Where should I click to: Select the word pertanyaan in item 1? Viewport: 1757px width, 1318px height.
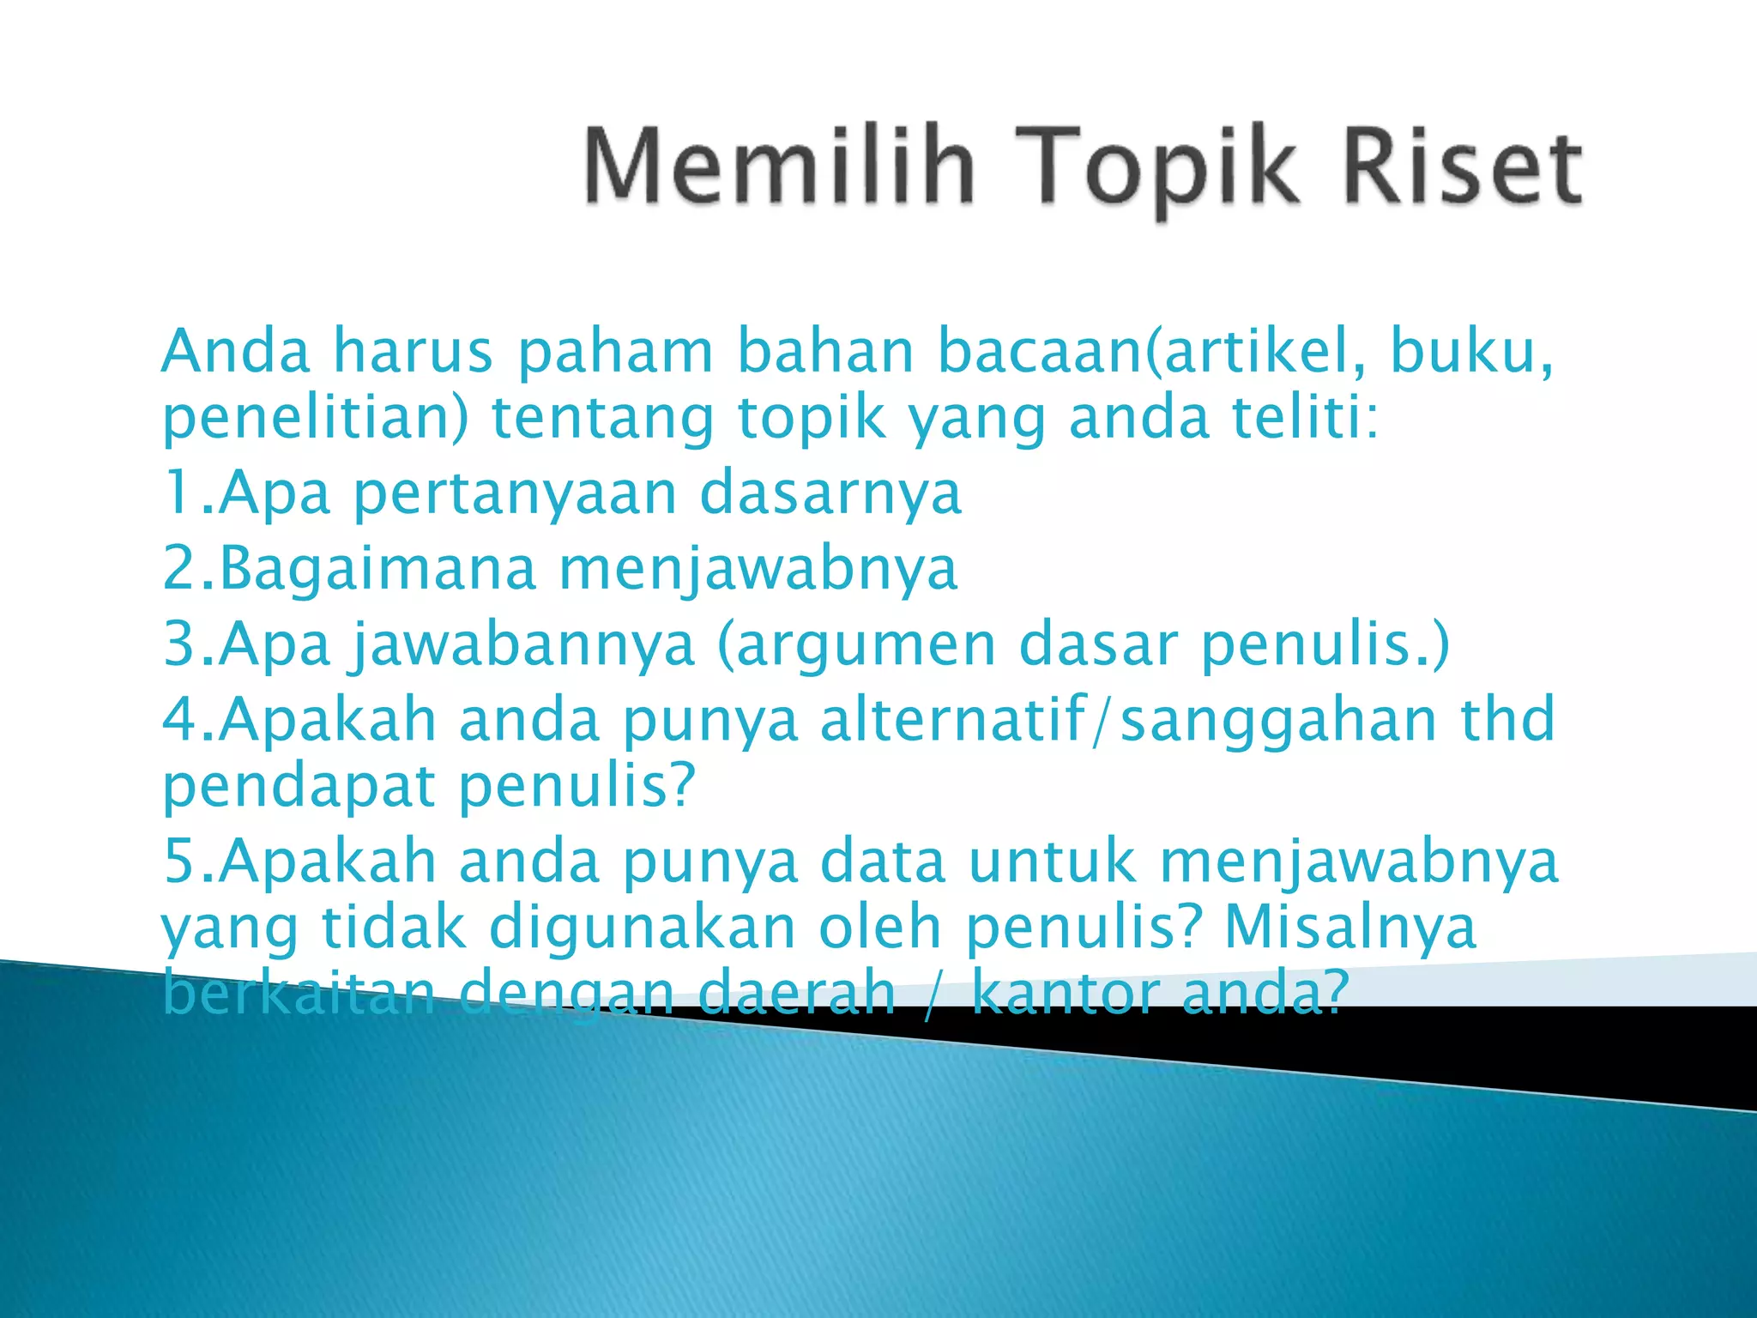(515, 494)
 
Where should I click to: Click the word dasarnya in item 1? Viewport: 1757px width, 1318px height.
(830, 494)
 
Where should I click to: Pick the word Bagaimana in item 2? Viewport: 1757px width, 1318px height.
(378, 570)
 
